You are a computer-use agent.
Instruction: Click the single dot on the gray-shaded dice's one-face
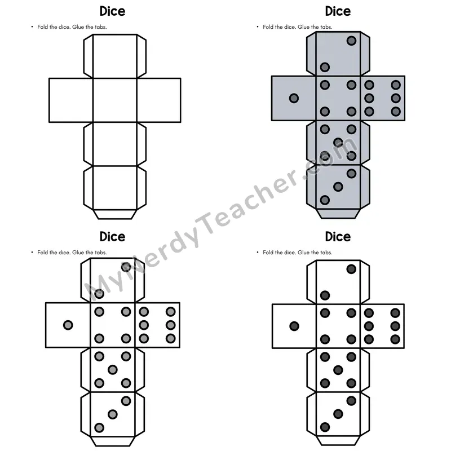pos(294,98)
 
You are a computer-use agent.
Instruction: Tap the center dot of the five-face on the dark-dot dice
pos(338,370)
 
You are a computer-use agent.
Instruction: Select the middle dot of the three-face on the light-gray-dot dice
pos(112,414)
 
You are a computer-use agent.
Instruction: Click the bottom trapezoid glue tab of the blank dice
pos(115,214)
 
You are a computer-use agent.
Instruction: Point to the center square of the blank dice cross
pos(115,100)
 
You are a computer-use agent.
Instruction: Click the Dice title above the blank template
pos(112,11)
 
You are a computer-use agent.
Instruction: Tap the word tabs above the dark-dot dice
pos(326,252)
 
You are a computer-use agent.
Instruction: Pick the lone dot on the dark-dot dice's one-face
pos(294,326)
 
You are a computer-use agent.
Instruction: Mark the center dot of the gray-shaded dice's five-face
pos(338,143)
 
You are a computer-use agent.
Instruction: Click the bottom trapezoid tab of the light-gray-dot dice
pos(112,441)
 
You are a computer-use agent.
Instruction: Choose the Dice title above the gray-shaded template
pos(338,11)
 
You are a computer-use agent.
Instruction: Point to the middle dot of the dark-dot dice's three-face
pos(338,414)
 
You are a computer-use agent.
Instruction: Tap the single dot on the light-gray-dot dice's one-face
pos(68,325)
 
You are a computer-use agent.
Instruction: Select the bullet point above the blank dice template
pos(32,26)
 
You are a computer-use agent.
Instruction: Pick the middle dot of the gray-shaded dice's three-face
pos(338,187)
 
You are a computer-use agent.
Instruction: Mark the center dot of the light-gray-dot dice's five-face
pos(112,370)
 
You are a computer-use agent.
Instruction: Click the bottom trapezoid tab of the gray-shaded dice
pos(338,214)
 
